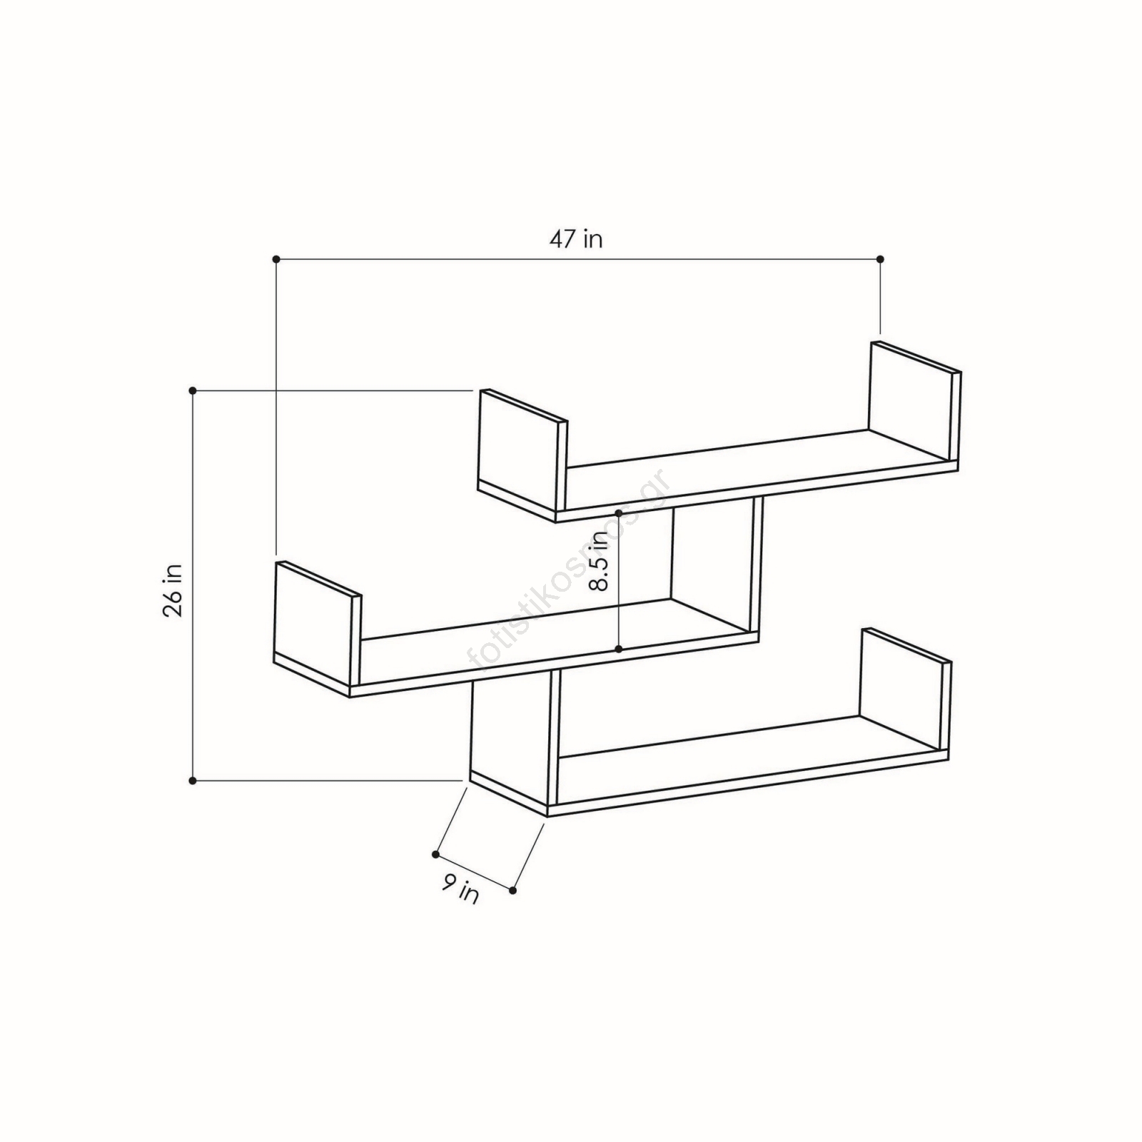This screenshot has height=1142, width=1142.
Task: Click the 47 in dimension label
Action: pos(575,238)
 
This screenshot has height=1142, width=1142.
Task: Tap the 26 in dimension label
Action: pos(173,590)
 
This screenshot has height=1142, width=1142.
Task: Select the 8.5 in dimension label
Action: pos(598,562)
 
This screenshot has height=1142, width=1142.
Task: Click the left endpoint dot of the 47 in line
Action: pos(276,259)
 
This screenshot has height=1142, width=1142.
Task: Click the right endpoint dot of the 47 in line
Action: pos(880,259)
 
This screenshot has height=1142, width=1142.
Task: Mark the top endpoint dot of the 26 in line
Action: pos(193,390)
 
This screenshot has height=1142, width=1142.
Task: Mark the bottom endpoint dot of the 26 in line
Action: pos(193,782)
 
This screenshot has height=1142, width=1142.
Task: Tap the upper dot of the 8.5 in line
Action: pos(619,512)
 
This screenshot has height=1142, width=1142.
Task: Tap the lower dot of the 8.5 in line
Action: pos(619,649)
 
